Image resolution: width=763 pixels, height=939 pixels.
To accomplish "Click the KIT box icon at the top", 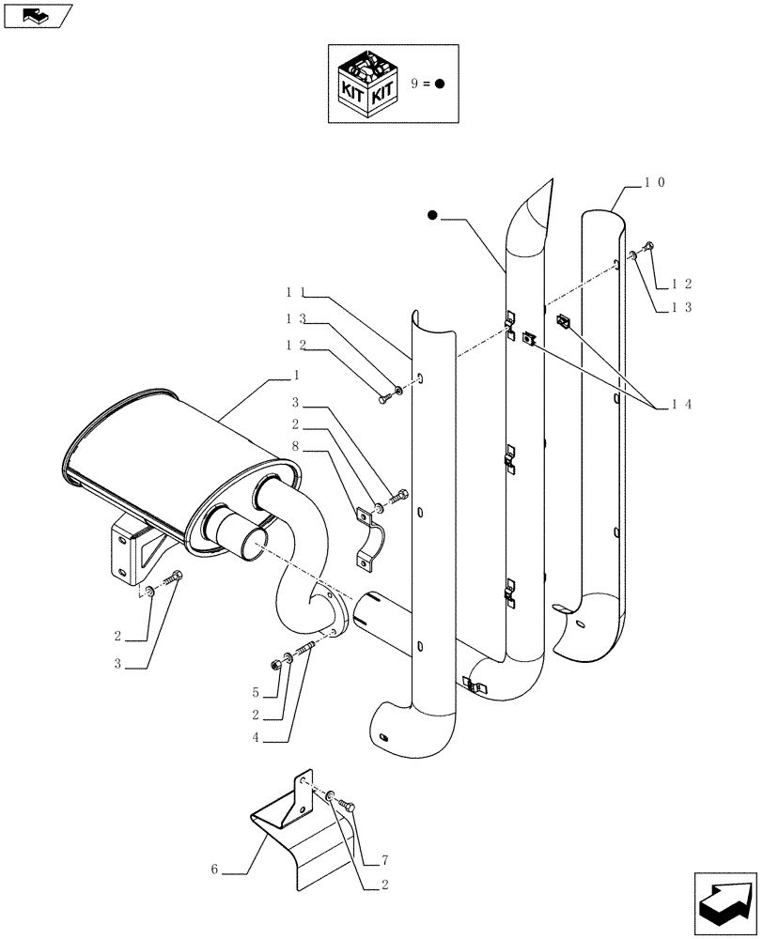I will click(x=368, y=83).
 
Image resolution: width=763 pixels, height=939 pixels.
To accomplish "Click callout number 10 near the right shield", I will click(x=655, y=184).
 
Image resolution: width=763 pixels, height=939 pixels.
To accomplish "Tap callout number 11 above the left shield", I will click(x=295, y=292).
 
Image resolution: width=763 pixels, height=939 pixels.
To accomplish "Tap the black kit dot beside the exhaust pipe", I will click(x=432, y=216).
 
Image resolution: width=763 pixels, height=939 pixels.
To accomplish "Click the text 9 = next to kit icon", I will click(x=419, y=83).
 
